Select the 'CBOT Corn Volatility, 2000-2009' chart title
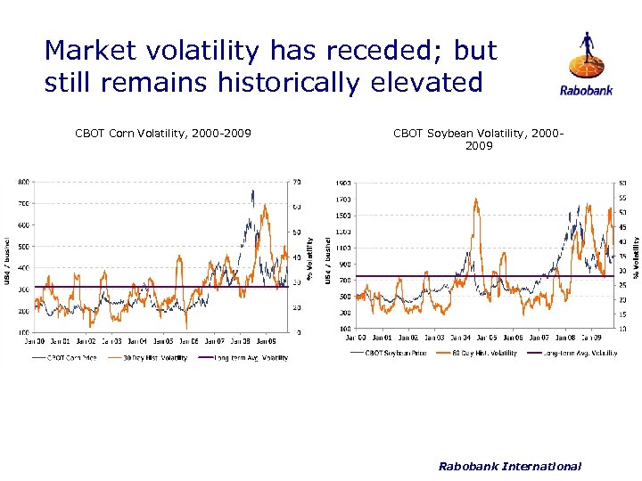click(x=163, y=134)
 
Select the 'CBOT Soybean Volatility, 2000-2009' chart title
click(x=478, y=139)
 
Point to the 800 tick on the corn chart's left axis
click(x=24, y=182)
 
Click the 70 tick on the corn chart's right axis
click(x=297, y=182)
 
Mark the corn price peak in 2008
click(x=252, y=192)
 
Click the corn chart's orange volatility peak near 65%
click(x=265, y=207)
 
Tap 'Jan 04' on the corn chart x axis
click(x=137, y=340)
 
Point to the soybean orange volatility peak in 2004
click(x=477, y=201)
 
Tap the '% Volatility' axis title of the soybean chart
click(x=636, y=257)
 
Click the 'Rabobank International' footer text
click(x=510, y=466)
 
